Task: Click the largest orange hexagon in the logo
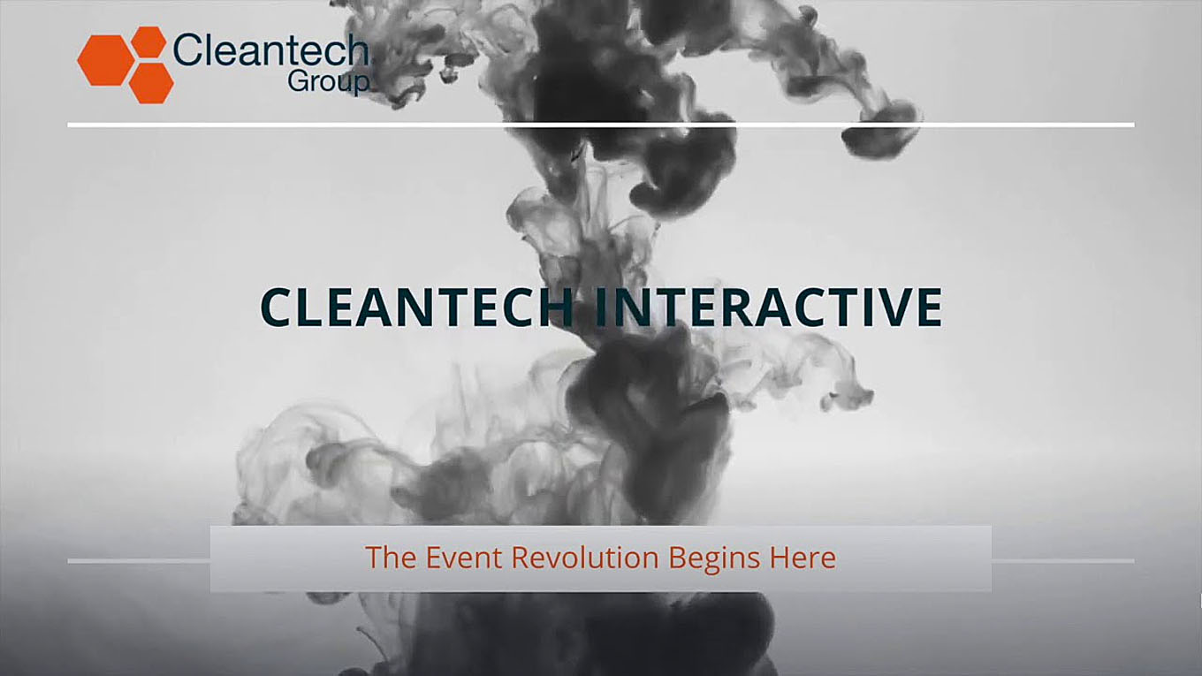click(106, 60)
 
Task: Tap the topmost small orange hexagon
click(148, 42)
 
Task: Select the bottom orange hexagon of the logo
click(151, 83)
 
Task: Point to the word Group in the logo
click(329, 82)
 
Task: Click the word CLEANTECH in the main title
click(417, 307)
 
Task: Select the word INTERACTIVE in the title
click(768, 307)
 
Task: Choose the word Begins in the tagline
click(714, 558)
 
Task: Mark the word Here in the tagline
click(803, 557)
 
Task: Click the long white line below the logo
click(601, 125)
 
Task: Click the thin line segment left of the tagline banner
click(139, 561)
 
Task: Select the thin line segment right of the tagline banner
click(1063, 561)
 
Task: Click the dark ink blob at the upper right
click(880, 132)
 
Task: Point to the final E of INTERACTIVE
click(930, 307)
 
